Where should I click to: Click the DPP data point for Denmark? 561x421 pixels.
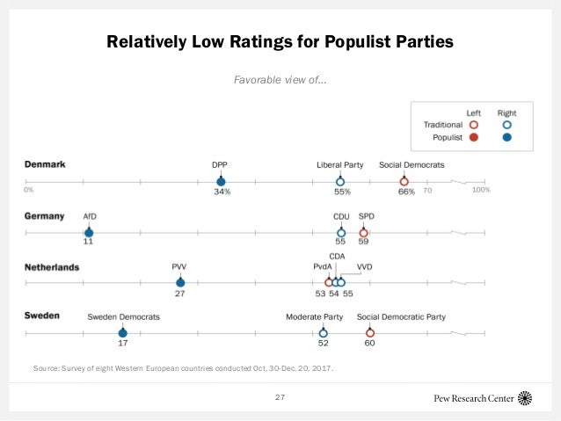coord(221,181)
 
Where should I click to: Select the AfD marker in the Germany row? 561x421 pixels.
coord(89,232)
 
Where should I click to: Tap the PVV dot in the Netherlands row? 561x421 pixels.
coord(180,282)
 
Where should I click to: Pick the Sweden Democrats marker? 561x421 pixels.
coord(123,333)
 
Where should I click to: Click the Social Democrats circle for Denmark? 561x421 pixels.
coord(404,181)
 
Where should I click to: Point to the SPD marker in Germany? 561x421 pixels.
coord(364,232)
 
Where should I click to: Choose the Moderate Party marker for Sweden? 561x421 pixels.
coord(323,333)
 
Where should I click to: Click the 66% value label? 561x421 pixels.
coord(405,192)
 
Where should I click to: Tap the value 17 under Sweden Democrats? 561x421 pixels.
coord(123,344)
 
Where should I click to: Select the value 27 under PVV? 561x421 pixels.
coord(180,293)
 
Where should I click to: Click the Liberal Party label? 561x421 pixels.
coord(340,164)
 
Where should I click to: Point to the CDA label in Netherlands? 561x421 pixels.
coord(337,256)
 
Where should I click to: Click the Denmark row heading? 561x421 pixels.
coord(45,164)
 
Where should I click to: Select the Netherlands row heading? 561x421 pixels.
coord(52,266)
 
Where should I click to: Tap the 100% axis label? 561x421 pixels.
coord(480,190)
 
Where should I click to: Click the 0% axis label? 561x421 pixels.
coord(29,190)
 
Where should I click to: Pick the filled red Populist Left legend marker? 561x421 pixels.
coord(473,137)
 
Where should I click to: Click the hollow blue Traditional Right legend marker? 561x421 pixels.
coord(506,124)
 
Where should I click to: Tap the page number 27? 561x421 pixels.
coord(280,397)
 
